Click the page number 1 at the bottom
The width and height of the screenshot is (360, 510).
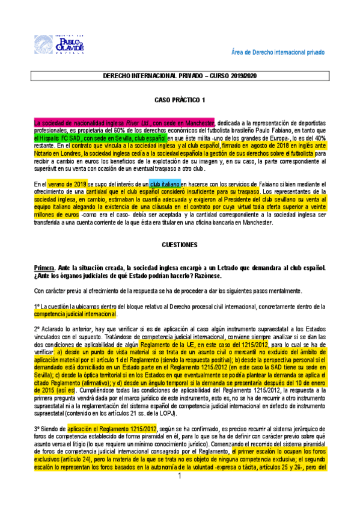(180, 493)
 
